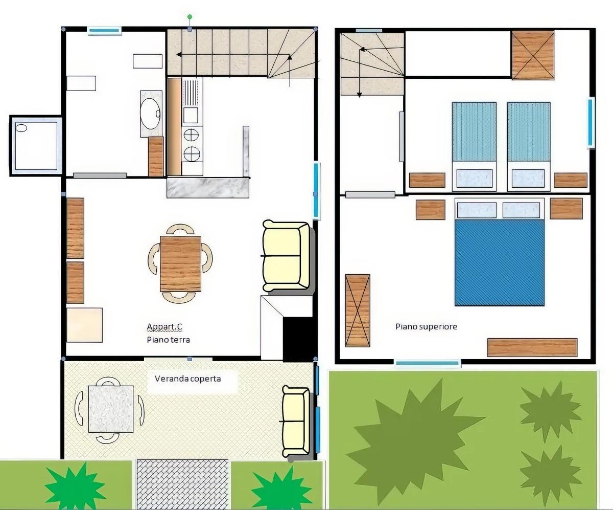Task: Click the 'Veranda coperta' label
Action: (x=187, y=379)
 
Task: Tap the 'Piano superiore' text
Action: (x=426, y=327)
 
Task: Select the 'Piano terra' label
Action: (x=168, y=340)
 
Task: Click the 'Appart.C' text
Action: (x=164, y=326)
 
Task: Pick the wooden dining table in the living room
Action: (x=180, y=263)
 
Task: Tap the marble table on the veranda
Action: (x=111, y=409)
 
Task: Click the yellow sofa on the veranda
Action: (x=296, y=421)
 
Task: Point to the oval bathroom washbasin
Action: (x=150, y=114)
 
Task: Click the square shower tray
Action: (x=36, y=146)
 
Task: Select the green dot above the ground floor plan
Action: (x=190, y=17)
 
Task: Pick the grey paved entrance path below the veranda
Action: (x=182, y=484)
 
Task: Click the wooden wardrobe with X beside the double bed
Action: (x=358, y=311)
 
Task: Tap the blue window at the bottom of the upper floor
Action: (x=428, y=363)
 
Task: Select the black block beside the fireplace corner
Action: (x=298, y=339)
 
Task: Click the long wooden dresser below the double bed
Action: (x=532, y=348)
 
